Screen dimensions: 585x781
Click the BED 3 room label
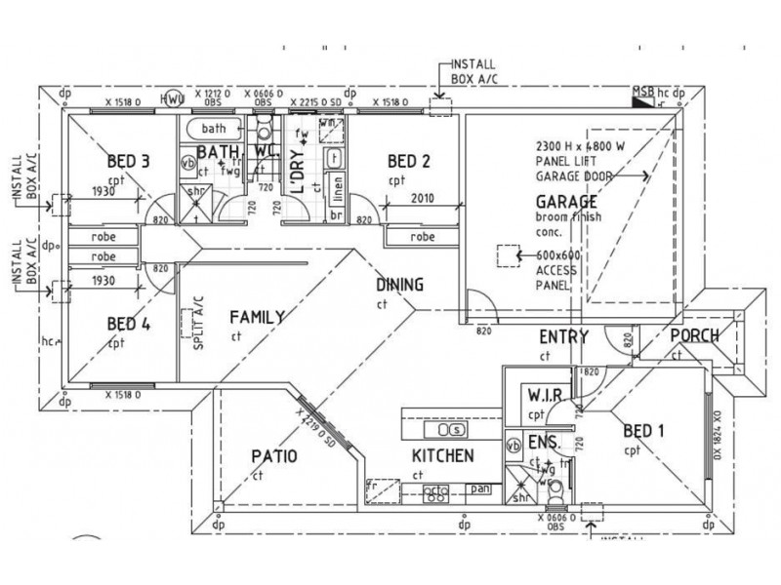[127, 162]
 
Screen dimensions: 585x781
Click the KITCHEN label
[442, 455]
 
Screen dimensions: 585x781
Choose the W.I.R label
[542, 397]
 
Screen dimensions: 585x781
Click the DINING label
[400, 286]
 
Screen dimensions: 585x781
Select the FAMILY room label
[256, 317]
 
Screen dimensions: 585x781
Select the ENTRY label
[563, 338]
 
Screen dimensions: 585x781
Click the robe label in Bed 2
[422, 236]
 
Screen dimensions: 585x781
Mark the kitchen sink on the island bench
[451, 429]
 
